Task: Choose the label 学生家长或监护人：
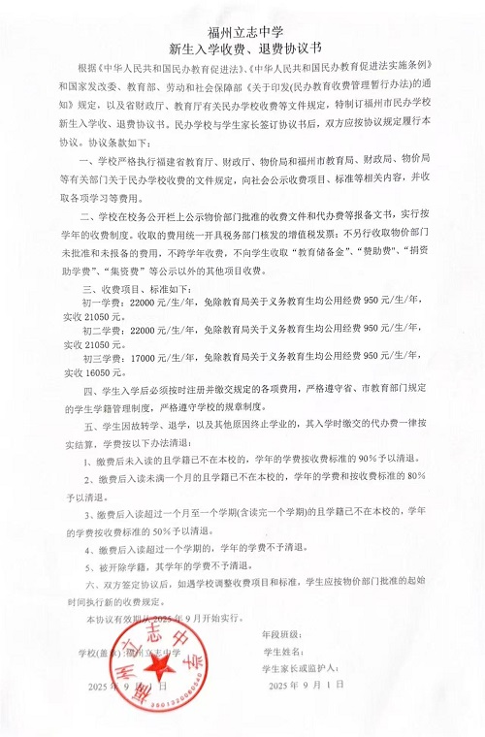(x=300, y=669)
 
